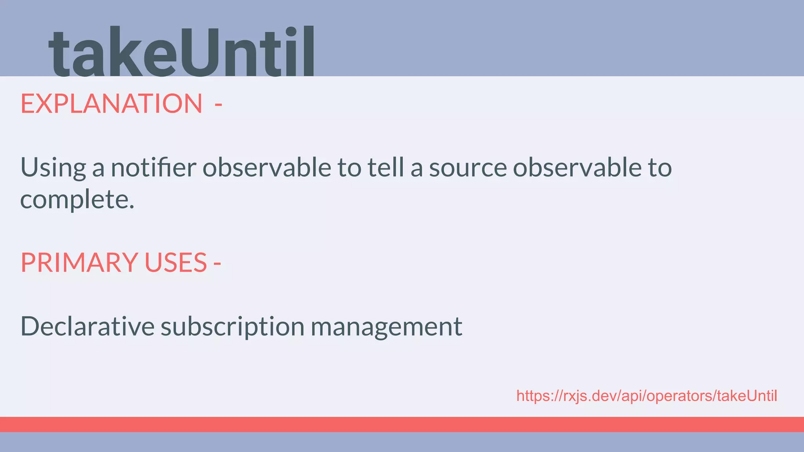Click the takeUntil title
tap(181, 52)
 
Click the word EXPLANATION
tap(111, 104)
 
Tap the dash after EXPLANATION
tap(218, 105)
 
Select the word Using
tap(53, 168)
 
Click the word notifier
tap(153, 167)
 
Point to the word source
tap(468, 168)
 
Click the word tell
tap(386, 167)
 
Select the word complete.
tap(77, 200)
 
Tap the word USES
tap(175, 262)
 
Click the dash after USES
tap(217, 263)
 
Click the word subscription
tap(232, 327)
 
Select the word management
tap(386, 327)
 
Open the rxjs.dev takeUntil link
tap(646, 396)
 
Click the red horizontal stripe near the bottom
tap(402, 424)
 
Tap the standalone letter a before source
tap(417, 169)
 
